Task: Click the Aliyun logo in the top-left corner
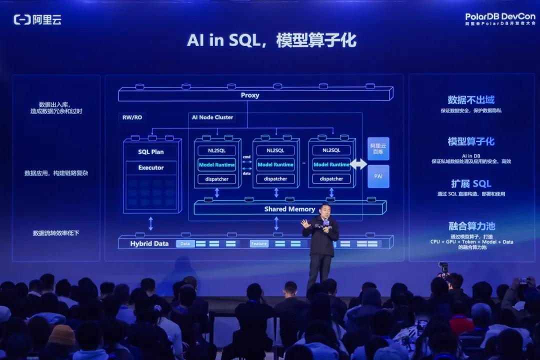(37, 19)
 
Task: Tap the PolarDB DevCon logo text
(499, 16)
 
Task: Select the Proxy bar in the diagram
(250, 95)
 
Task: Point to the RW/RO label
(132, 117)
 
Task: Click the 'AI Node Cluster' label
(212, 117)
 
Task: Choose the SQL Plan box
(150, 151)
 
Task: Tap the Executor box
(150, 168)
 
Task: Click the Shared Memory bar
(289, 209)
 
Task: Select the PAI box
(378, 176)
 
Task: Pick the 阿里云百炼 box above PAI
(378, 148)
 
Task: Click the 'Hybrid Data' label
(149, 243)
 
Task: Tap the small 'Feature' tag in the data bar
(259, 243)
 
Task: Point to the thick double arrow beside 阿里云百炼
(358, 164)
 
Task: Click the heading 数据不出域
(471, 100)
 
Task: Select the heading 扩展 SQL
(471, 183)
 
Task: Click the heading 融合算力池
(471, 226)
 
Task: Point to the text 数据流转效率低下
(56, 233)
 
